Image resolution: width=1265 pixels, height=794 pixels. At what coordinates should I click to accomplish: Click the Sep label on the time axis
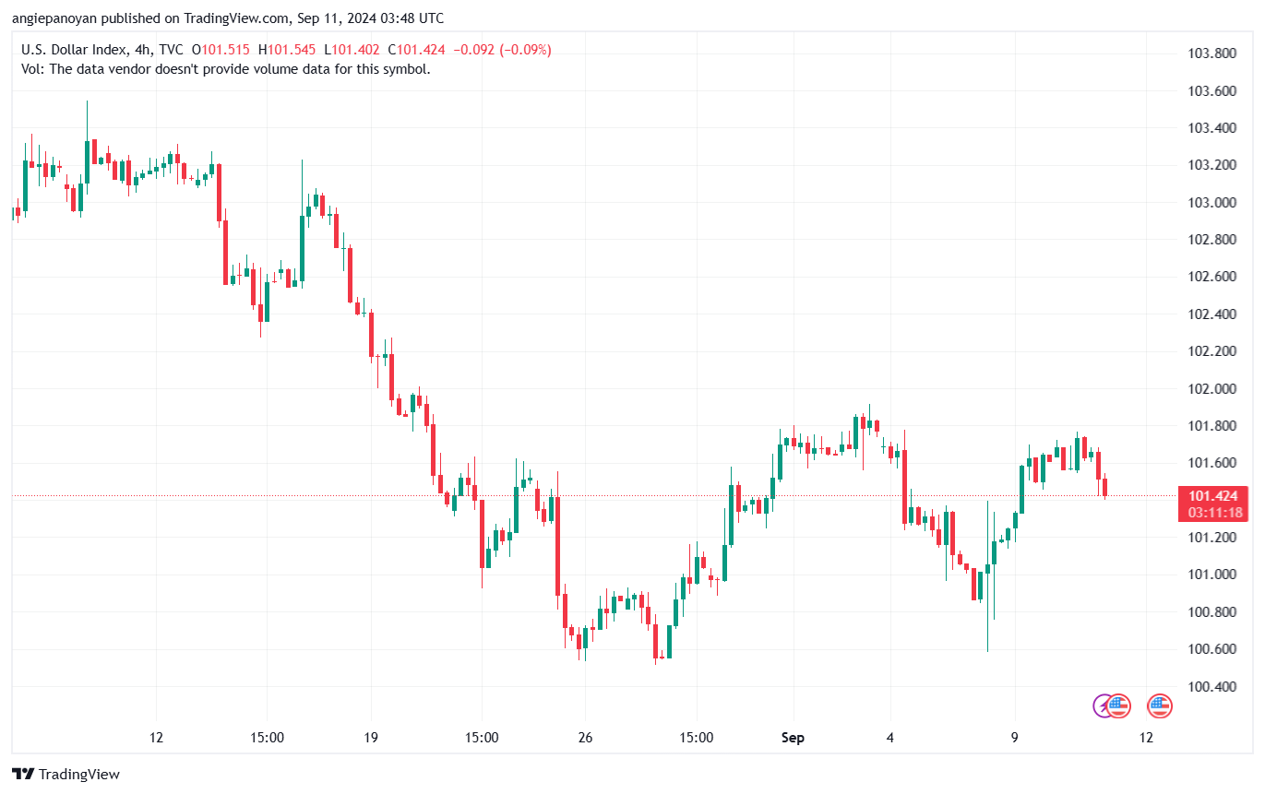[x=793, y=738]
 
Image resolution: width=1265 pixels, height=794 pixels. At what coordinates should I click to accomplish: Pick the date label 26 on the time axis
[x=585, y=738]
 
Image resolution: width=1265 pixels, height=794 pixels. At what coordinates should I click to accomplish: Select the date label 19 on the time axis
[x=370, y=738]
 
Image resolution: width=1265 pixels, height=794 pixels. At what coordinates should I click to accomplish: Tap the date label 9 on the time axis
[x=1015, y=738]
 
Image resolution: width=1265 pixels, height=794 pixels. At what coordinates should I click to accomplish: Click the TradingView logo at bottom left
[x=66, y=775]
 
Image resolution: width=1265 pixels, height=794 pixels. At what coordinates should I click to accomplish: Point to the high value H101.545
[x=288, y=50]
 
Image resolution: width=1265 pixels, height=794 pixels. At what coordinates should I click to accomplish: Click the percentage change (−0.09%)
[x=525, y=50]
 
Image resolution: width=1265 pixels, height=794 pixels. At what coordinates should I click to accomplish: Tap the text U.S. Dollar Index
[x=70, y=50]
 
